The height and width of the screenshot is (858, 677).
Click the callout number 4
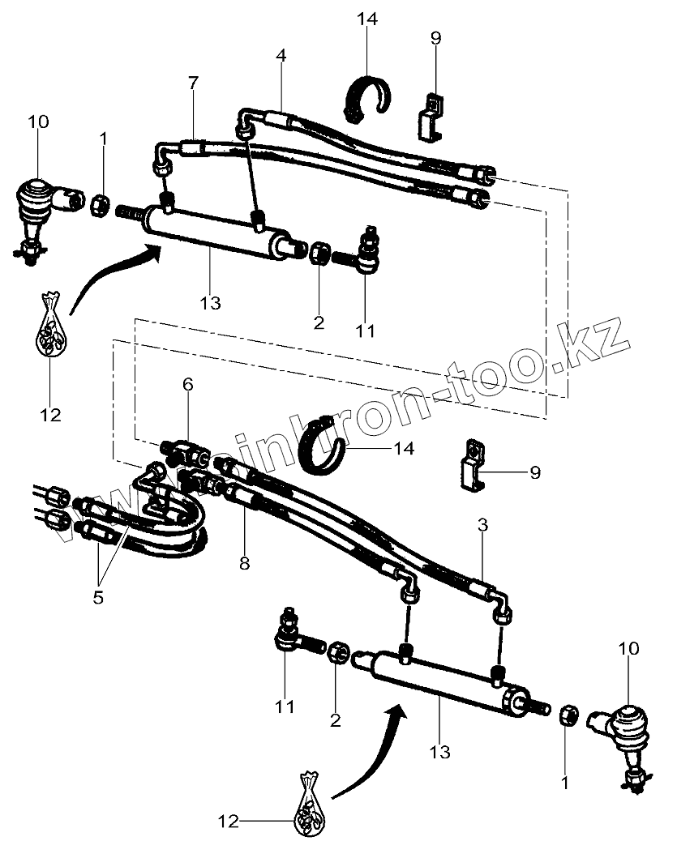[x=281, y=56]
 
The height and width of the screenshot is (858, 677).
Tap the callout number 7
[x=193, y=84]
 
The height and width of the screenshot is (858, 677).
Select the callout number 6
[x=187, y=385]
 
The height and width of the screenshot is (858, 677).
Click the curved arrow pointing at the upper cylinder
[x=114, y=280]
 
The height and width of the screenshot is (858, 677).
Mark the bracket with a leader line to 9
[x=472, y=468]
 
